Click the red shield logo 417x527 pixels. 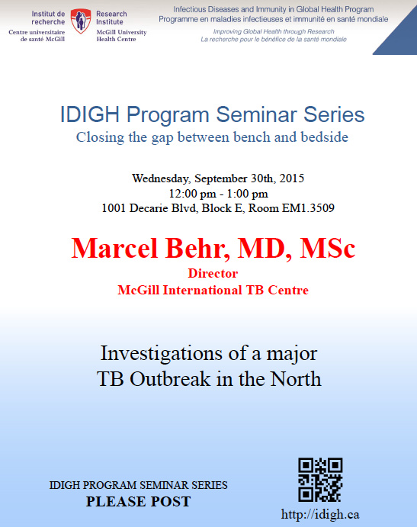pyautogui.click(x=81, y=21)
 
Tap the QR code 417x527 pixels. pyautogui.click(x=320, y=480)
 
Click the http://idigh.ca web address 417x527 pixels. pyautogui.click(x=320, y=514)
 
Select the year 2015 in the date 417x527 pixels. pyautogui.click(x=292, y=178)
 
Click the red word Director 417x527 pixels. pyautogui.click(x=213, y=273)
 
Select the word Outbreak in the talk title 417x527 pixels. pyautogui.click(x=170, y=379)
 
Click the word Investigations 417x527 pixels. pyautogui.click(x=162, y=354)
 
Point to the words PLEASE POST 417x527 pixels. pyautogui.click(x=139, y=502)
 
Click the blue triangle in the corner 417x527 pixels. pyautogui.click(x=400, y=37)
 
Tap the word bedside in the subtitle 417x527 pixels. pyautogui.click(x=325, y=137)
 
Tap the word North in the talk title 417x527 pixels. pyautogui.click(x=296, y=379)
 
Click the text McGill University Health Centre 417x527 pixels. pyautogui.click(x=121, y=36)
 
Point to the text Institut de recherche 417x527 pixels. pyautogui.click(x=48, y=18)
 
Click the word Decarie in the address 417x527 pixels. pyautogui.click(x=149, y=208)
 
